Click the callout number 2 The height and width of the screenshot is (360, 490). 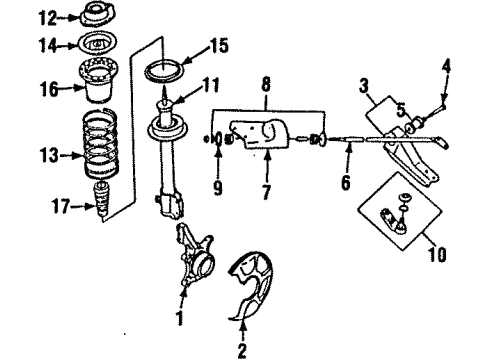(x=240, y=350)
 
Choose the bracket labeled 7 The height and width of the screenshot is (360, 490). (x=262, y=135)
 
